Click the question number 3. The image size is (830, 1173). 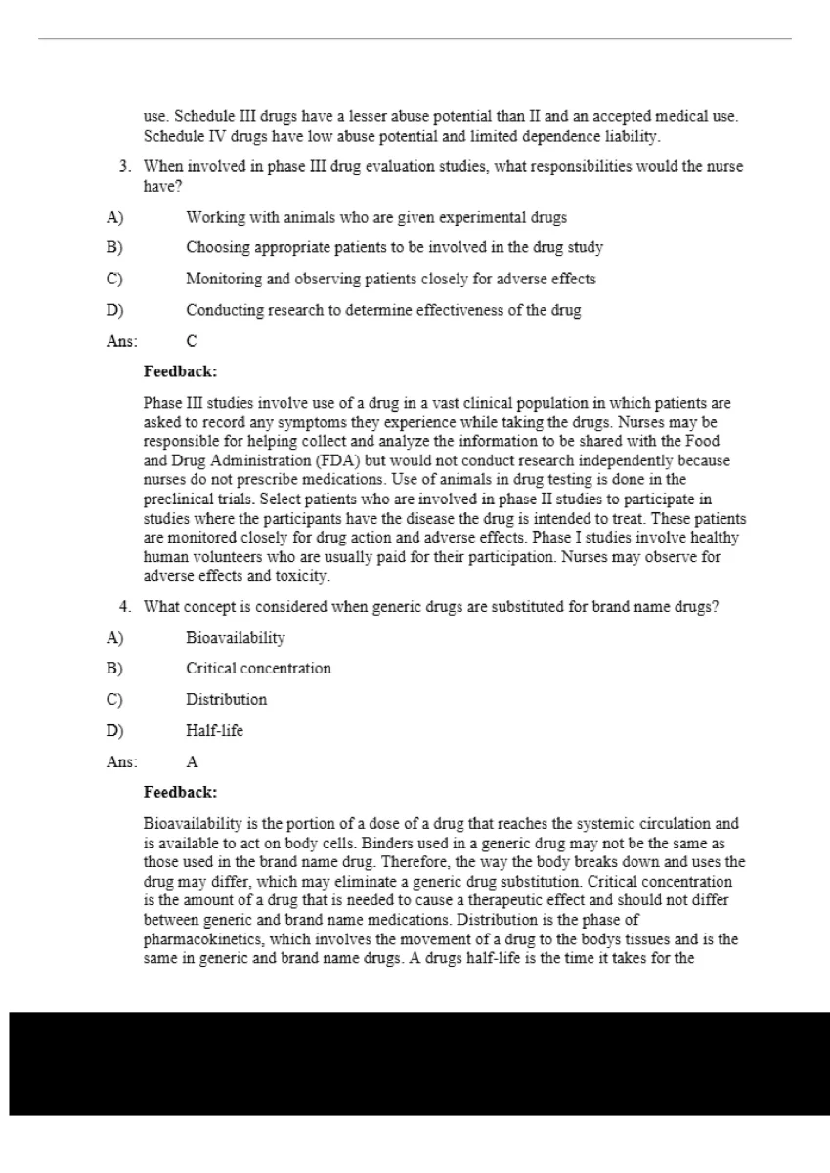tap(125, 167)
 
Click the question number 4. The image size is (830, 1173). tap(125, 607)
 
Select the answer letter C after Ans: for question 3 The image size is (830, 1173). tap(192, 341)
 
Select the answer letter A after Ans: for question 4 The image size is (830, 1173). tap(192, 761)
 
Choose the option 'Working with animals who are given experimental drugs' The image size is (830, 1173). tap(376, 217)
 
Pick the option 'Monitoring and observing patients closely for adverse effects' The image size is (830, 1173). tap(390, 280)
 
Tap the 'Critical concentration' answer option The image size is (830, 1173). tap(258, 669)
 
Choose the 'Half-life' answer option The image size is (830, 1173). tap(214, 730)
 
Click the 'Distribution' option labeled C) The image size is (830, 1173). tap(226, 700)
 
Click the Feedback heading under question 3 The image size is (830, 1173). tap(180, 371)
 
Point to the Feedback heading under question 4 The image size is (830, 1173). tap(180, 792)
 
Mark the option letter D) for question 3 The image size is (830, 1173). tap(114, 311)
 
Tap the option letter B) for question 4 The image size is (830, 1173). tap(114, 669)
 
